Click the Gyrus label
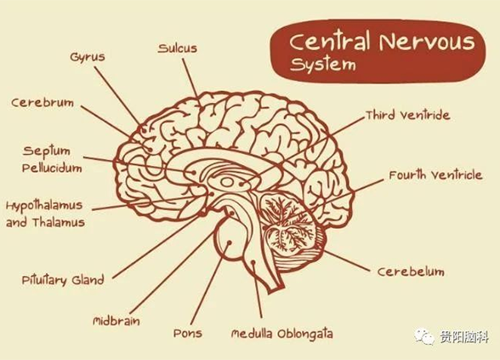88,58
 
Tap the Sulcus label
178,49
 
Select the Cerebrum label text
43,103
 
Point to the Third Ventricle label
408,115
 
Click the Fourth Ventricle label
435,175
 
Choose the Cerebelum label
411,271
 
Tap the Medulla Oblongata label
282,334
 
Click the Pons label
188,334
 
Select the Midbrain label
116,320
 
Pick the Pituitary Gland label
63,280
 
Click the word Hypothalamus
44,206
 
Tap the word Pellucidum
52,168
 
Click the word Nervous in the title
427,42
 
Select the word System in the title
323,65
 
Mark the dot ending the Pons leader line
229,243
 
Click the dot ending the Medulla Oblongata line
253,262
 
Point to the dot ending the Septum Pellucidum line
193,172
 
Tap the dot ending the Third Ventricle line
241,184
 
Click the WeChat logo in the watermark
424,336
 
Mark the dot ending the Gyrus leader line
145,130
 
